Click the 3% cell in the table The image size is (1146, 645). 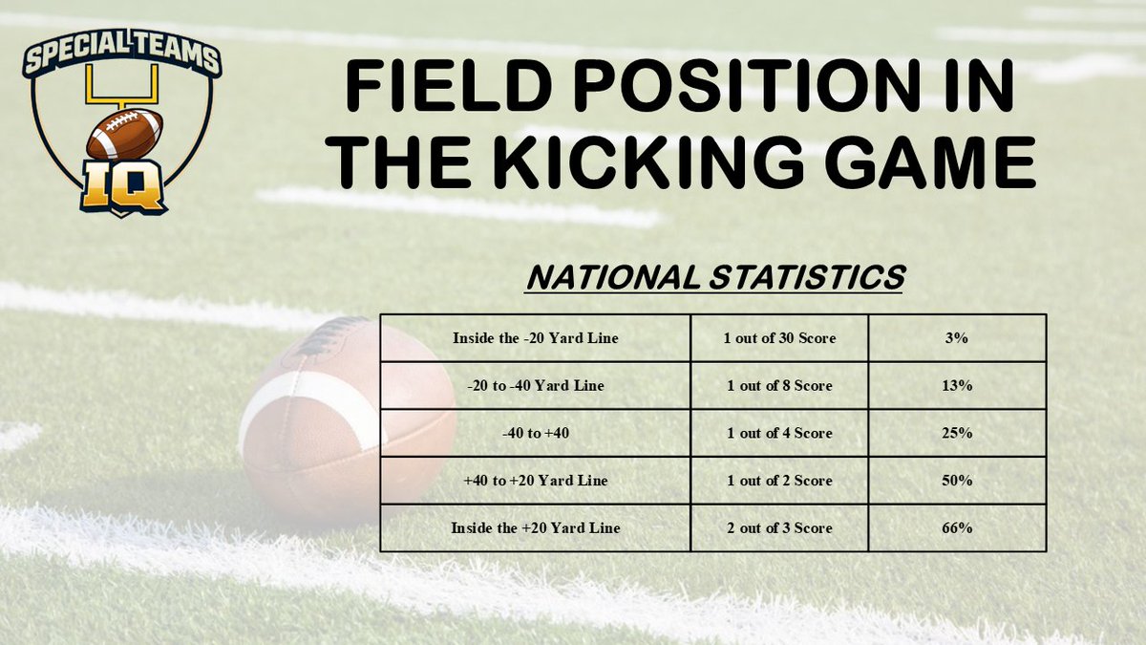point(957,338)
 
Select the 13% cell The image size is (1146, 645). point(957,386)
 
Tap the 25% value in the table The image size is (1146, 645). point(957,433)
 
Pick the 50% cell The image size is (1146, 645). point(957,481)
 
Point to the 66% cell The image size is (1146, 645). point(957,528)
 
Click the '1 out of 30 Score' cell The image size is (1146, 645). point(779,338)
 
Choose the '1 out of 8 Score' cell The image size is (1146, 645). point(779,386)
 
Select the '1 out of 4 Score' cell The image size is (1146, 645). point(779,433)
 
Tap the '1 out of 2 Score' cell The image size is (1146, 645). point(779,481)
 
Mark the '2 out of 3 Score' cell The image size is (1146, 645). point(779,528)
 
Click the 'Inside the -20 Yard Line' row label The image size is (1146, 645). point(535,338)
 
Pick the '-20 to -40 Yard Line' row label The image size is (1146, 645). point(535,386)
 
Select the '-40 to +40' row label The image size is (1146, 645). point(535,433)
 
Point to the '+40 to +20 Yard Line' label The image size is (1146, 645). point(535,481)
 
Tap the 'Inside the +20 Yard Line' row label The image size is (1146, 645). point(535,528)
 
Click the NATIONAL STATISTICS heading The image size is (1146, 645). point(715,278)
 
